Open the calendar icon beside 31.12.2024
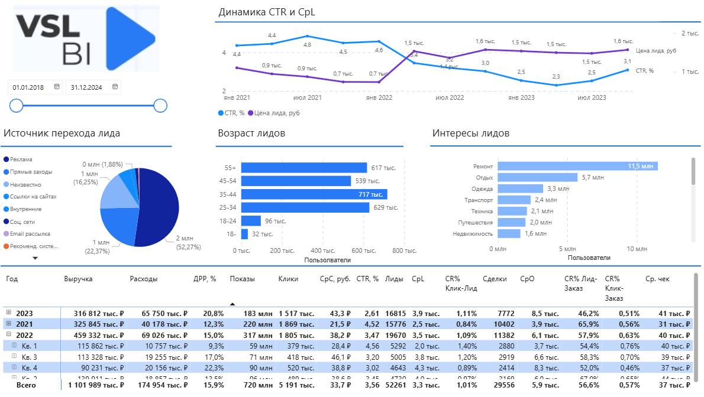115,87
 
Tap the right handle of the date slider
160,106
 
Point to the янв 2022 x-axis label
379,97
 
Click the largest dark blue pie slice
157,207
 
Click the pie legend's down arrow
35,258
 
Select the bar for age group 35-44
314,194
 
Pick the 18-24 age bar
251,221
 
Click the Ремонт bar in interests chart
577,167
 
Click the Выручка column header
78,279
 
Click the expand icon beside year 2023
8,313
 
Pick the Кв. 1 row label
30,346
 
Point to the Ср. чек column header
658,279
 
